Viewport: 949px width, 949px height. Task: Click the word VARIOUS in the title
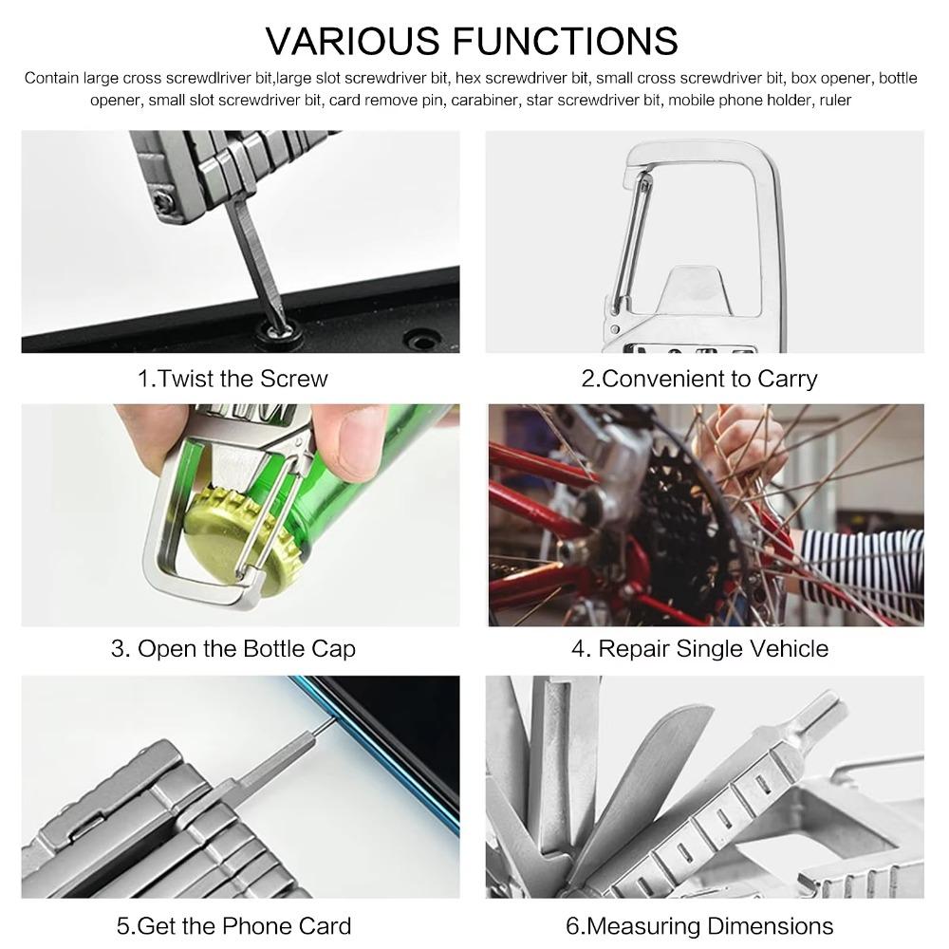tap(351, 41)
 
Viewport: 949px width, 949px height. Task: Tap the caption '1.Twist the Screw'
tap(233, 379)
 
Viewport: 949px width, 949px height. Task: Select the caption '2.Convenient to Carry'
tap(698, 379)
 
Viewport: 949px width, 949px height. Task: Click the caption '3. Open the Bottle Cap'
tap(233, 649)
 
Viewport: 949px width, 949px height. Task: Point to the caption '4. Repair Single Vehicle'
tap(699, 649)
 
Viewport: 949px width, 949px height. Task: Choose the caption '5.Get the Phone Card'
tap(233, 925)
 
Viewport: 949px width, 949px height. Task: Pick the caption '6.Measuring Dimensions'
tap(699, 925)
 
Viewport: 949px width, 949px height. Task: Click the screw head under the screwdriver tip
tap(279, 330)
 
